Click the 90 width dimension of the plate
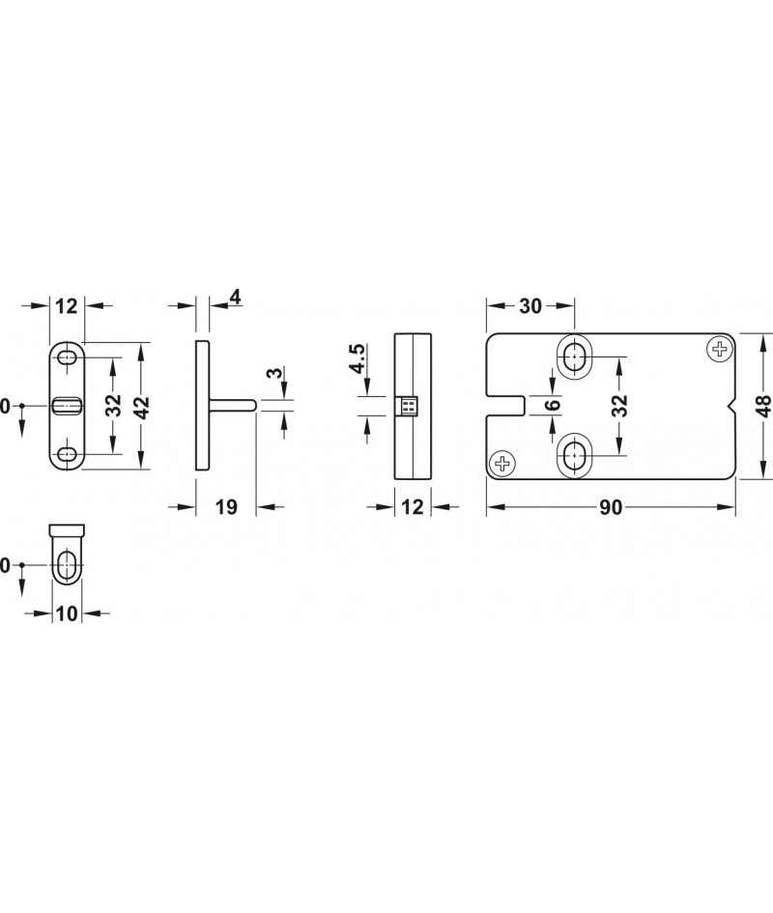point(611,508)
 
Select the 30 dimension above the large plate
point(530,305)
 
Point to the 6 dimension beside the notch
point(553,404)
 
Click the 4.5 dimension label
point(358,358)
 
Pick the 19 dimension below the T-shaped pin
point(227,507)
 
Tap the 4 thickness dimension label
point(235,298)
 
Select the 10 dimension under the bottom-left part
point(67,613)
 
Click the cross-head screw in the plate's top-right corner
point(720,350)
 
